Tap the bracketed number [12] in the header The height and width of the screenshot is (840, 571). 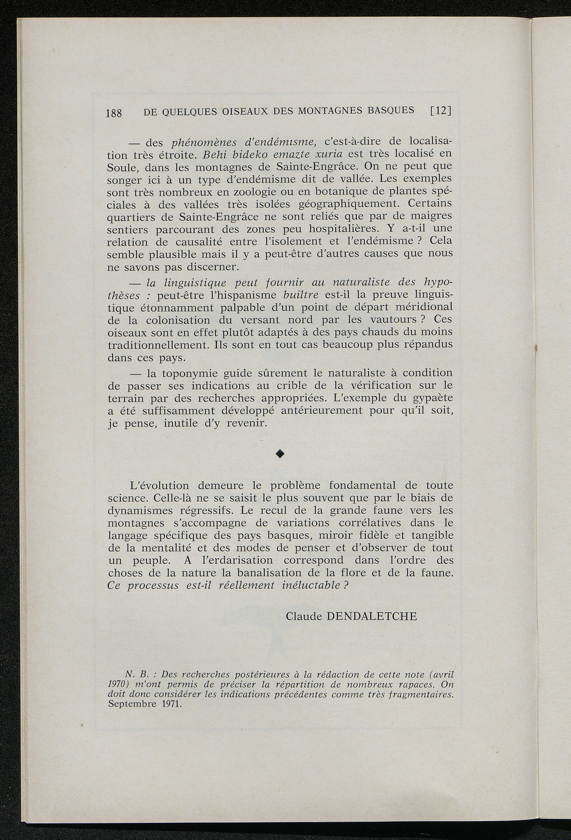(440, 110)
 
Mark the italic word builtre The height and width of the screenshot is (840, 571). (301, 295)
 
